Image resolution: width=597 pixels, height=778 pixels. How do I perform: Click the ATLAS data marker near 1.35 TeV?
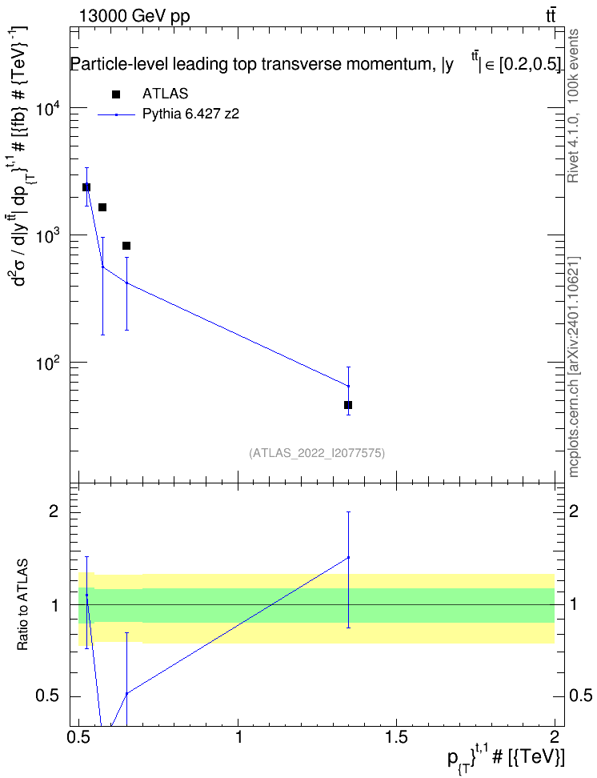(x=348, y=405)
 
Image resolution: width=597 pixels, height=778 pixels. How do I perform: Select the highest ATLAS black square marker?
(x=86, y=187)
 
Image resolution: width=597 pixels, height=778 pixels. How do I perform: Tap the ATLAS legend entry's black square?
(x=116, y=94)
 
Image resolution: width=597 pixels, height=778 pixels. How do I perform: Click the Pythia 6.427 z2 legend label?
(x=190, y=114)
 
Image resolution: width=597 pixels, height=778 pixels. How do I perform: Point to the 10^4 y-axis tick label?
(x=49, y=108)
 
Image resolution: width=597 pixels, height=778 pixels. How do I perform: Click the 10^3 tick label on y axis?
(x=49, y=235)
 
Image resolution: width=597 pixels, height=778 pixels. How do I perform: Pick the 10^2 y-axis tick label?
(x=49, y=363)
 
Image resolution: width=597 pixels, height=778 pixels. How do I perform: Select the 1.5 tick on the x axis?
(x=396, y=737)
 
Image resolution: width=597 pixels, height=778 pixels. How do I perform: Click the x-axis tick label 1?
(x=238, y=737)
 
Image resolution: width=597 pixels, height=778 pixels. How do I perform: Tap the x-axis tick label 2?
(x=555, y=737)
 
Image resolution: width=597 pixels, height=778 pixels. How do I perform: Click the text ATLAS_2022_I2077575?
(x=317, y=452)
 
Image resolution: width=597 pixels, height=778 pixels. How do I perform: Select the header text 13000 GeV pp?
(x=134, y=16)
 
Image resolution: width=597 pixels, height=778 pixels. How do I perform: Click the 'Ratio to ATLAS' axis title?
(x=22, y=605)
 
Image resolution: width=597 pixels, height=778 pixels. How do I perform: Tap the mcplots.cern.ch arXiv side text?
(x=574, y=367)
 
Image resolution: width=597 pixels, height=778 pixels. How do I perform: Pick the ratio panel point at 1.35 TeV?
(x=348, y=557)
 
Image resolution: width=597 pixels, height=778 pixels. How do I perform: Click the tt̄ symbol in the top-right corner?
(x=551, y=16)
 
